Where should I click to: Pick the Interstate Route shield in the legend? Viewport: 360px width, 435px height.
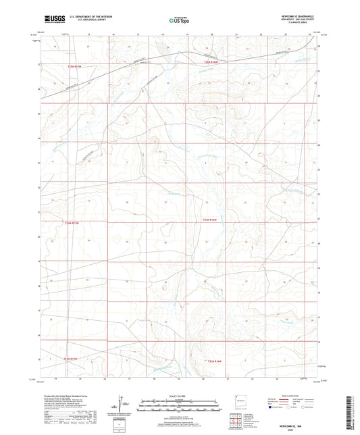[x=269, y=408]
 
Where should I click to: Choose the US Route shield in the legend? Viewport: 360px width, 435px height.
[x=288, y=408]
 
